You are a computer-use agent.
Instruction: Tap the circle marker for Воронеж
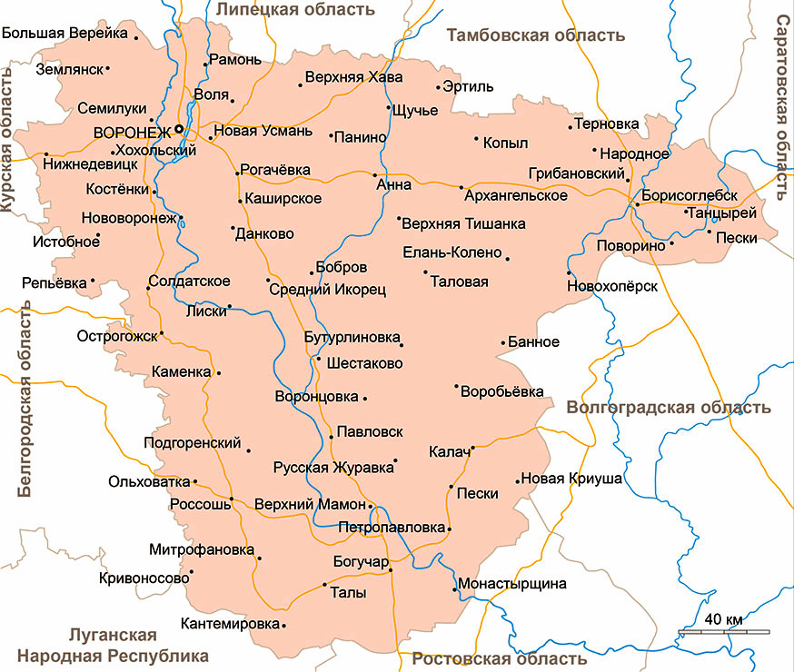179,129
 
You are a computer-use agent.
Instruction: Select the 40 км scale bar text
723,619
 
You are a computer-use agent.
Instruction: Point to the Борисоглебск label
689,195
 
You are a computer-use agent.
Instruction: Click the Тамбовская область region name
536,35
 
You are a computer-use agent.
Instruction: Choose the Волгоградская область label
669,408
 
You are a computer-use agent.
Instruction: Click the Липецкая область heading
295,9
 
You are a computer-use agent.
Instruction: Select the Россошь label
200,504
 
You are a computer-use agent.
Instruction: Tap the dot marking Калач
472,446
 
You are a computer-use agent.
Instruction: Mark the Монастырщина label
512,583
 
